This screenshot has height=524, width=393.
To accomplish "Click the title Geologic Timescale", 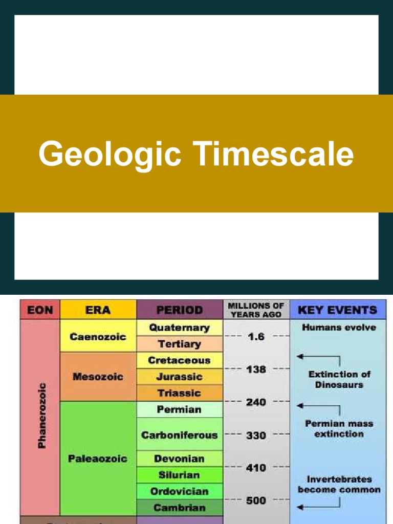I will click(x=196, y=154).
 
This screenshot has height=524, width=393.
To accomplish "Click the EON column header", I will click(x=40, y=310).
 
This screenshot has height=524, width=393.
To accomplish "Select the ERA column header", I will click(x=98, y=310).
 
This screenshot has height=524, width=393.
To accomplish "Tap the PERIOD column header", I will click(x=179, y=310).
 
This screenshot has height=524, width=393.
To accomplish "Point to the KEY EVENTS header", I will click(x=337, y=310).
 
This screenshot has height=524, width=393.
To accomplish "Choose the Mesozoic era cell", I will click(x=98, y=377).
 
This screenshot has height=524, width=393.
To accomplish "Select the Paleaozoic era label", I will click(x=98, y=458).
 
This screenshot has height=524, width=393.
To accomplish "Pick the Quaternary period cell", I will click(x=179, y=327).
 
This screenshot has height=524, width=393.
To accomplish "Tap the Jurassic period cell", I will click(x=179, y=377).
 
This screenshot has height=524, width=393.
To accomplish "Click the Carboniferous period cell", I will click(x=179, y=435).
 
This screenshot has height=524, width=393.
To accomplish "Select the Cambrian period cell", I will click(x=179, y=508).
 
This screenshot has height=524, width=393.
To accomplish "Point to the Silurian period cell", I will click(x=179, y=475).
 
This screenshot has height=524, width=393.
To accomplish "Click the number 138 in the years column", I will click(x=256, y=369).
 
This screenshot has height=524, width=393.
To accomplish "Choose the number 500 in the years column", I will click(x=256, y=500).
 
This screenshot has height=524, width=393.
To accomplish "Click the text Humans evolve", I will click(x=339, y=327).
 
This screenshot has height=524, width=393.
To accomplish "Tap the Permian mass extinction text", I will click(x=339, y=429).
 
